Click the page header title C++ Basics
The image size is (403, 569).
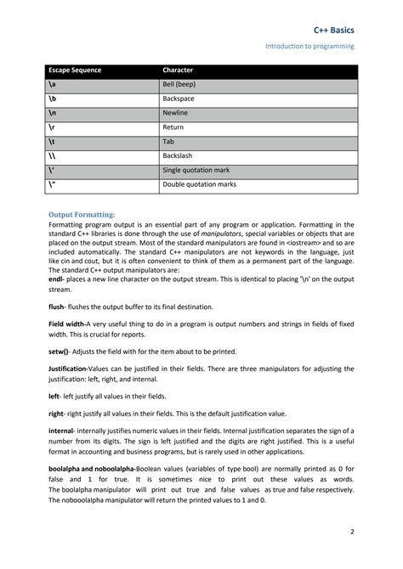(334, 30)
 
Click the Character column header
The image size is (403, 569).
(178, 70)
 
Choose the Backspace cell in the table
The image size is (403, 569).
(179, 99)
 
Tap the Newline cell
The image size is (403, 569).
(176, 113)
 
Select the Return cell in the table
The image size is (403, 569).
(173, 127)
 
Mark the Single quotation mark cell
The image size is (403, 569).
(196, 170)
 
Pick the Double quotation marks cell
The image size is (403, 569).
(199, 184)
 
